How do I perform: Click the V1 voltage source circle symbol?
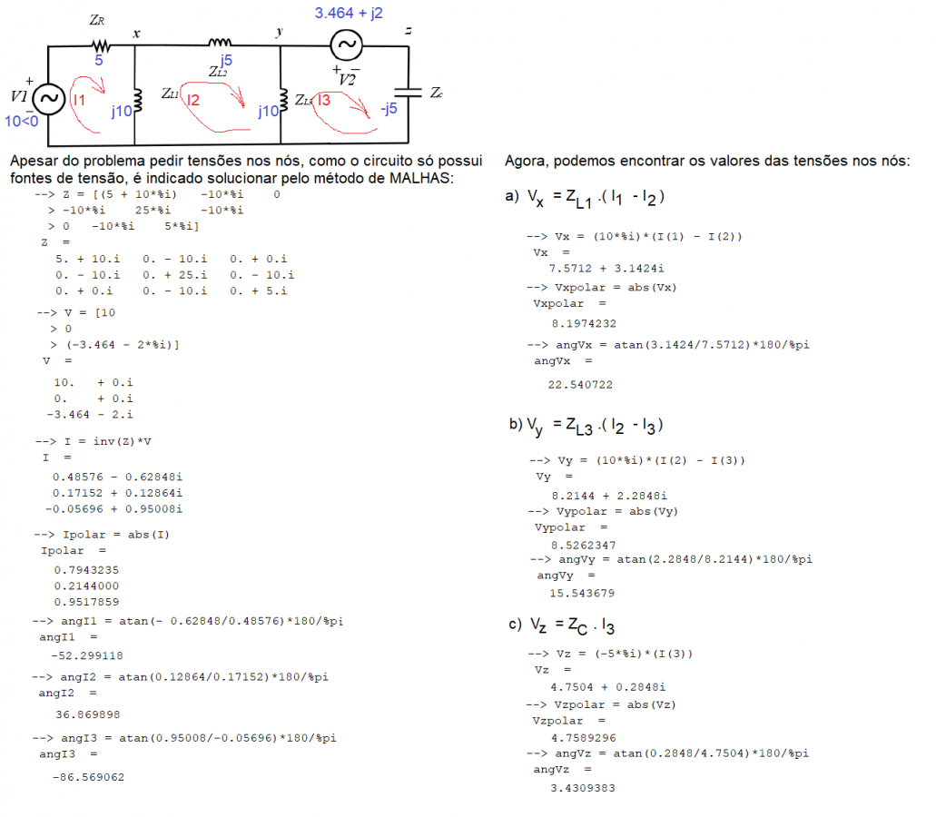pos(46,98)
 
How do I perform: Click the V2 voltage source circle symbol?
pos(345,44)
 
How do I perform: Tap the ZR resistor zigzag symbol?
pos(99,44)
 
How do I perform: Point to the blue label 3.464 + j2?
pos(349,14)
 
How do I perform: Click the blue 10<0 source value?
pos(22,120)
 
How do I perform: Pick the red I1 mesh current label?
pos(79,100)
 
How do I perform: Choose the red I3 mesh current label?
pos(324,101)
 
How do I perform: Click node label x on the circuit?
pos(137,34)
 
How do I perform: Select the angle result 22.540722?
pos(581,384)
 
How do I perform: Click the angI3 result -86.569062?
pos(89,777)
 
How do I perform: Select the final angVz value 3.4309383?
pos(583,788)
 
